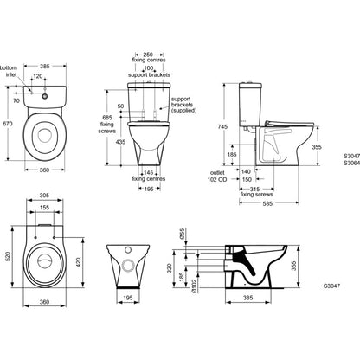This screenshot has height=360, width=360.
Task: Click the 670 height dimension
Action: coord(8,124)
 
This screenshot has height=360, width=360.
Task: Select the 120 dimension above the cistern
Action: coord(38,76)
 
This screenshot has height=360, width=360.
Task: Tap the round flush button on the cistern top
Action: coord(45,96)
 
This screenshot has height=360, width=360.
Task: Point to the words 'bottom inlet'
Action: coord(10,71)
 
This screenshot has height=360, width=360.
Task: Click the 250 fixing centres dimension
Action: coord(148,55)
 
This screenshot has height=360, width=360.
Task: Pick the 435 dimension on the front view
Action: coord(120,142)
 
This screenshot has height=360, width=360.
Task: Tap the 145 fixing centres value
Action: coord(148,172)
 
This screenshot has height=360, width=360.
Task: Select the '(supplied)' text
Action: coord(183,110)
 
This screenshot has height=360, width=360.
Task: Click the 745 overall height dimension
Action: coord(222,126)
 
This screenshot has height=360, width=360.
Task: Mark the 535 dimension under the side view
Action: coord(267,203)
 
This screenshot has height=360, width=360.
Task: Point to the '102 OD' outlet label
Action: coord(217,179)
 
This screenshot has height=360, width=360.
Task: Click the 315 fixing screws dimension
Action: coord(254,189)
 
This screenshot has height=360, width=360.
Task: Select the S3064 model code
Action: coord(351,163)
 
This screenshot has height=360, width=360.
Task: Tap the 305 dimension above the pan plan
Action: coord(44,196)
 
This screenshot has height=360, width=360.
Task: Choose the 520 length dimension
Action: coord(8,256)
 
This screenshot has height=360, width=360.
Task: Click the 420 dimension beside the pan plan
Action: coord(78,262)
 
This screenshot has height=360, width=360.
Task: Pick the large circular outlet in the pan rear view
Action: coord(128,265)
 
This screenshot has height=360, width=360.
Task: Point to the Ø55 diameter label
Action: coord(182,234)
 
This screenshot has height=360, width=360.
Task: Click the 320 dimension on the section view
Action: coord(170,268)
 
